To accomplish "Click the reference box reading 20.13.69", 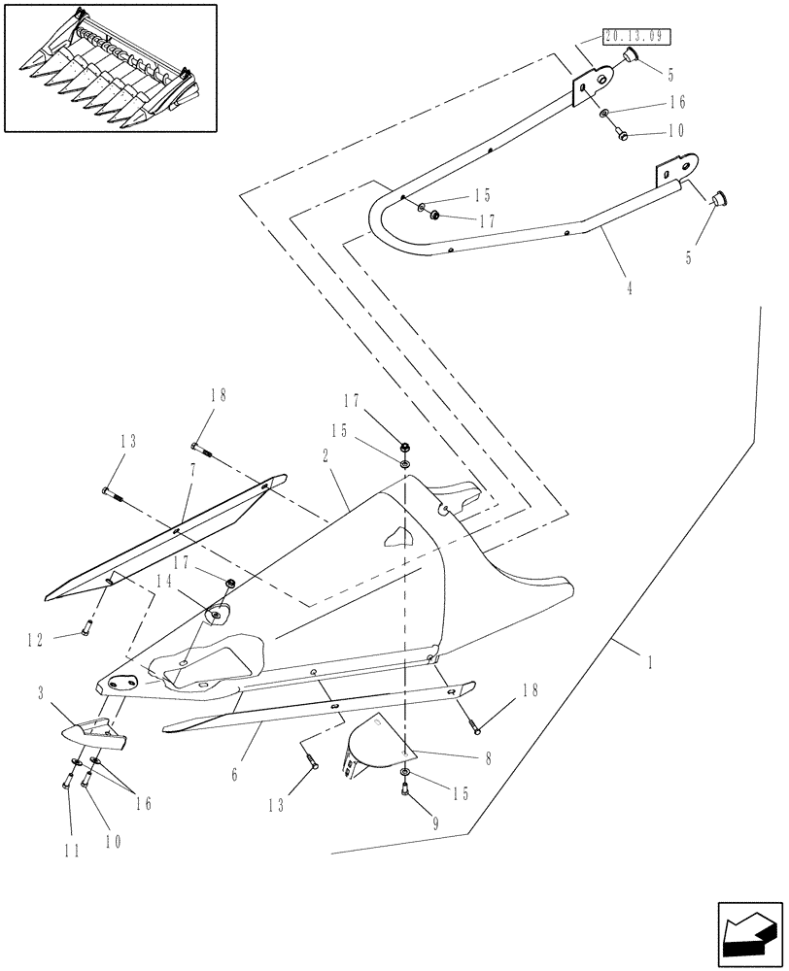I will point(637,38).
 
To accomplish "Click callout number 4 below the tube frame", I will point(629,288).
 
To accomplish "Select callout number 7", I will point(192,469).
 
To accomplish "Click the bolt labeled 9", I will point(405,793).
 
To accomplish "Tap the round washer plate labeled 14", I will point(217,614).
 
